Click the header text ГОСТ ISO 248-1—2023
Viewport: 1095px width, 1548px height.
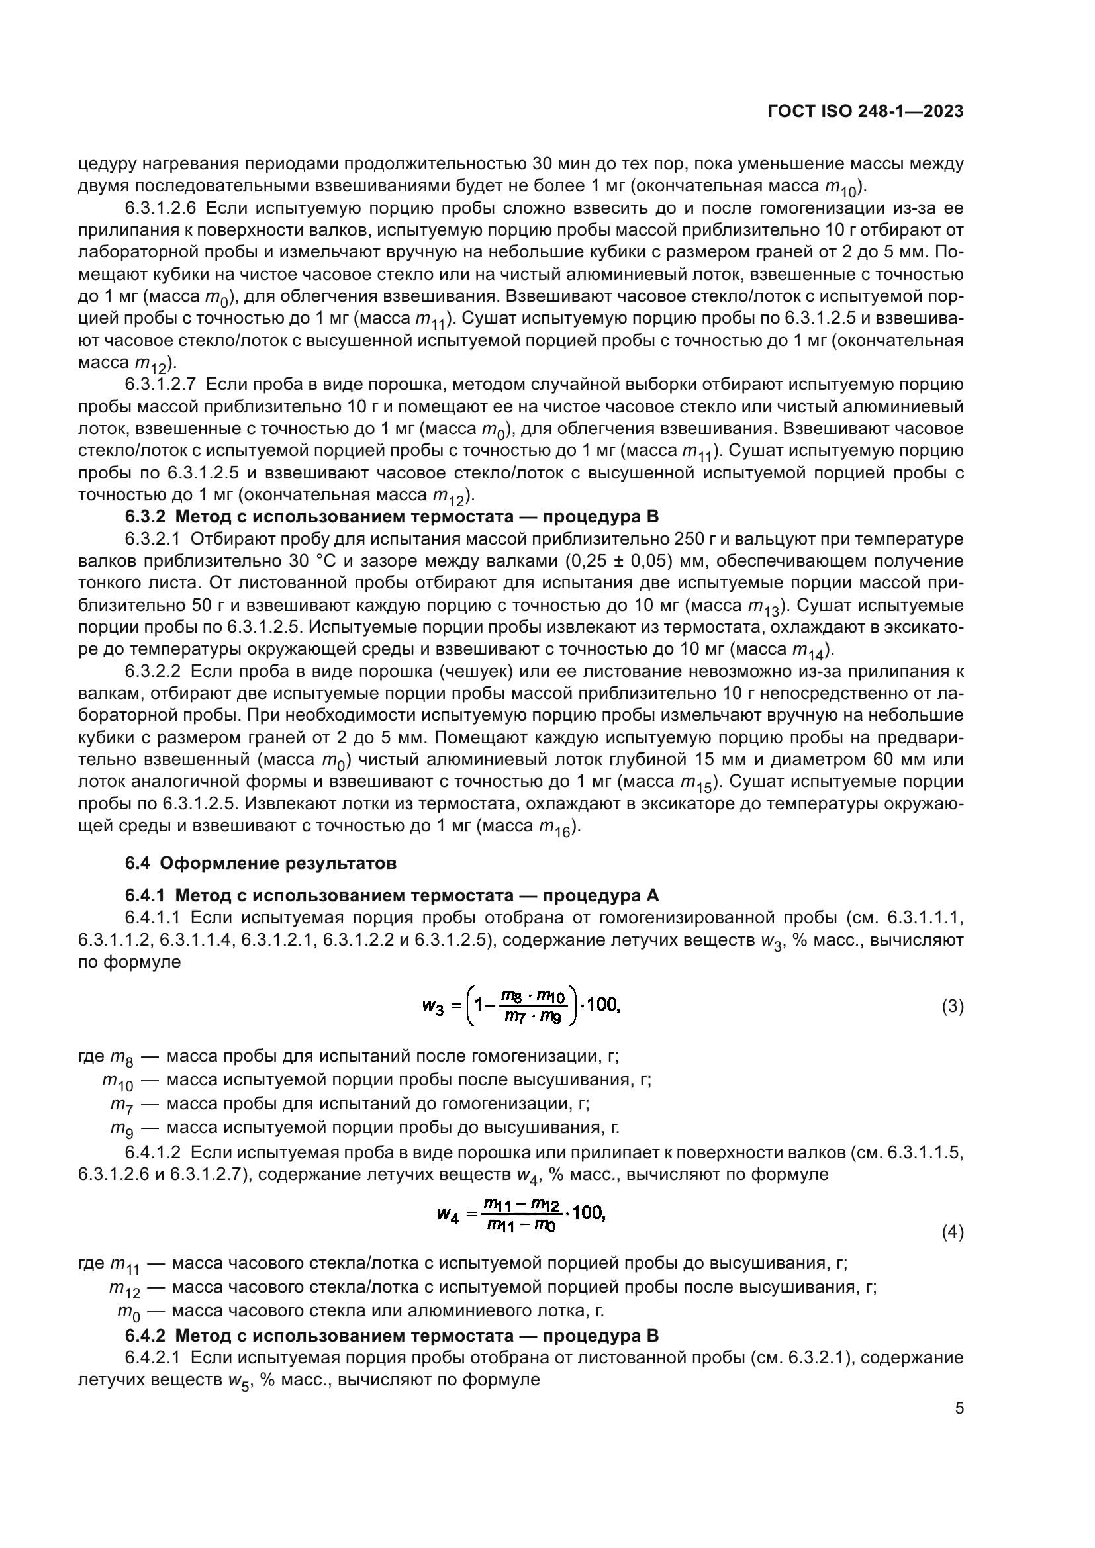point(865,112)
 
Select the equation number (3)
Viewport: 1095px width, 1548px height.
point(952,1007)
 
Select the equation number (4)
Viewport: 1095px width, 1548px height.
point(952,1232)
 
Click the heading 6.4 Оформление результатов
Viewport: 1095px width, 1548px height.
point(261,863)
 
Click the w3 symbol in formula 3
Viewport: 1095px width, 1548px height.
point(433,1007)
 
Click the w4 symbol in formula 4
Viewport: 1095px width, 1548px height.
point(448,1215)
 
